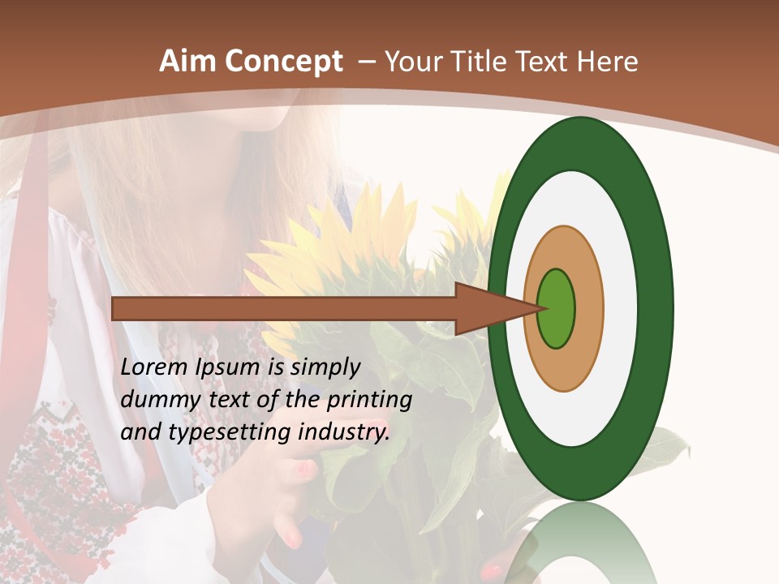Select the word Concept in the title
pos(283,62)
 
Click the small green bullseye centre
pos(557,309)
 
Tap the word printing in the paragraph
pos(369,401)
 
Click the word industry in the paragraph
pos(344,433)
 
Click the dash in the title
pos(367,62)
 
